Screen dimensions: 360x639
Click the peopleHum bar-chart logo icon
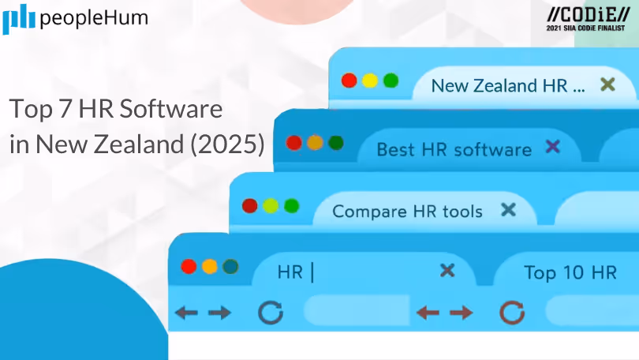17,19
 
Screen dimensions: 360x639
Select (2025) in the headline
230,144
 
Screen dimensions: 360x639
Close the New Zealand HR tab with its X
607,84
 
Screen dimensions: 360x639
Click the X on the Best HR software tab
553,147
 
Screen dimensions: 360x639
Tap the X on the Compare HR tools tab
509,210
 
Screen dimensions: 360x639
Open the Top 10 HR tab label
570,273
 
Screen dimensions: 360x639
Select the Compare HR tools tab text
407,212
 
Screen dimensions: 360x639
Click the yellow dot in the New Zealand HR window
369,81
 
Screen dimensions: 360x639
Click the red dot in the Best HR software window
294,143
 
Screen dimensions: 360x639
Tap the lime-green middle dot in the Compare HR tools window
271,206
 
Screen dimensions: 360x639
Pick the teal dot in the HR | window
230,266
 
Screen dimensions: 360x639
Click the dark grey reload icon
271,313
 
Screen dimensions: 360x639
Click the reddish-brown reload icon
512,313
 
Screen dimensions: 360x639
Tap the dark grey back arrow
186,313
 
